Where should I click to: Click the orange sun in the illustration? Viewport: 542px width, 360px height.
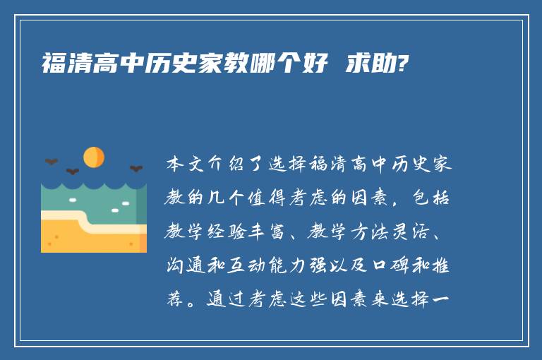click(x=94, y=157)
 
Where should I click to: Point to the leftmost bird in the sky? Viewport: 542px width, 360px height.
click(x=51, y=162)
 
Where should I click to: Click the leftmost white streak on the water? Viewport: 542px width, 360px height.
click(x=73, y=200)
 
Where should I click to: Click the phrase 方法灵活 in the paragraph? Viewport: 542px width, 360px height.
click(x=402, y=233)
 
